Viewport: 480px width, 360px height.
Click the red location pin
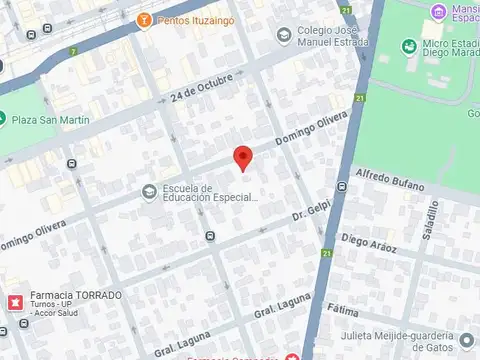[241, 157]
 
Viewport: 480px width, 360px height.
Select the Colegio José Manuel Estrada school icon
[283, 36]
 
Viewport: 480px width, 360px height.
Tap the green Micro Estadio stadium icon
[408, 46]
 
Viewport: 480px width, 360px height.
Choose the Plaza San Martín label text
[50, 120]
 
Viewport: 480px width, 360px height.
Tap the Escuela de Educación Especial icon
[148, 191]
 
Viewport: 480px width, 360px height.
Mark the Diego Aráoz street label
[369, 242]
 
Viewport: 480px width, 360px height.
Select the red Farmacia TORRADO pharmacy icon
[15, 301]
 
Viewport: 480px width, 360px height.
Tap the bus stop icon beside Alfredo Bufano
[342, 186]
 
